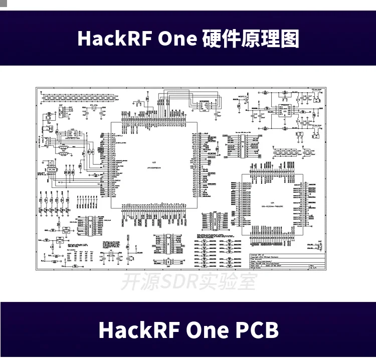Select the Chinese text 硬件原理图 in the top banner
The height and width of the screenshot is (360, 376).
(251, 39)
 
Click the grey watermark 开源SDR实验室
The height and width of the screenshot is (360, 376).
(189, 282)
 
